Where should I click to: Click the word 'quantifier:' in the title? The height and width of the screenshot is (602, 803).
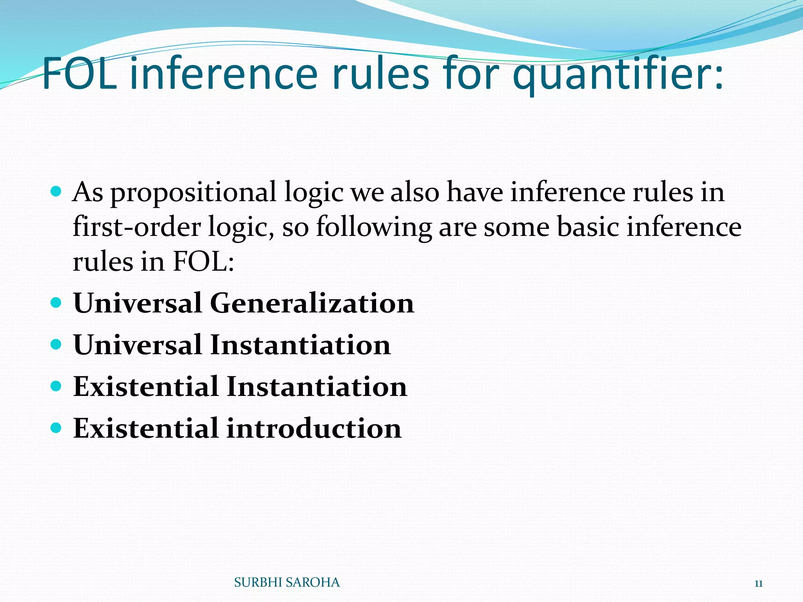(618, 74)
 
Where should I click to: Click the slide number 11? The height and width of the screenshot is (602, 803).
(758, 584)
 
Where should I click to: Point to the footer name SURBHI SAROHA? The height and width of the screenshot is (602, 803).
(287, 583)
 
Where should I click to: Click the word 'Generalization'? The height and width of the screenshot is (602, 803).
(312, 303)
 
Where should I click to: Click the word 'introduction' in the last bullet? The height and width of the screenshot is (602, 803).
(314, 428)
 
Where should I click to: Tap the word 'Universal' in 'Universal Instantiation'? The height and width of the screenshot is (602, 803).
(138, 345)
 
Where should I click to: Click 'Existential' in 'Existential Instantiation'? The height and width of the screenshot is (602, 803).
(145, 386)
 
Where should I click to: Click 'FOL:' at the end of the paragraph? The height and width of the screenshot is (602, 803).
(203, 261)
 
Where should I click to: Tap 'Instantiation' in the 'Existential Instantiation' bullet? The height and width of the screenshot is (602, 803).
(317, 386)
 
